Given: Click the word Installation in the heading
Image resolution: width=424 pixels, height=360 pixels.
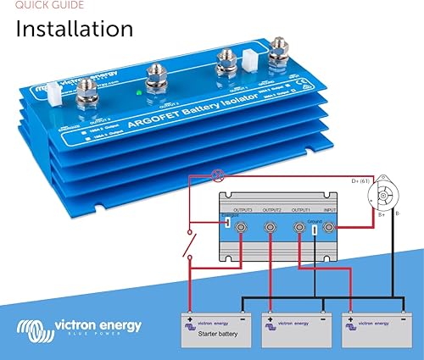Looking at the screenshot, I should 75,30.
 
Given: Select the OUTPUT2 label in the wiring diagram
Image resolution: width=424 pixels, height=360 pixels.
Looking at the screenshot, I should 272,208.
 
